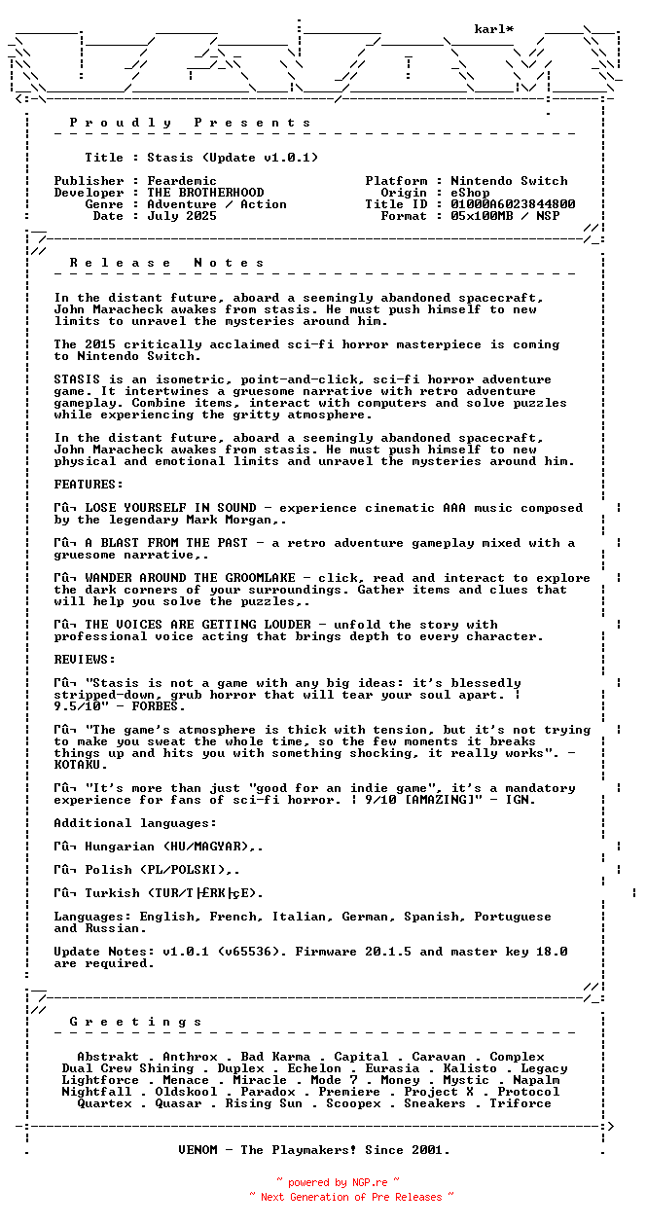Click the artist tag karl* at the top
tap(493, 29)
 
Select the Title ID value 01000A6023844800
tap(513, 204)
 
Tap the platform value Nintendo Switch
tap(509, 181)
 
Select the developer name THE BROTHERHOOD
tap(205, 193)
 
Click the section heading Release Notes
tap(166, 263)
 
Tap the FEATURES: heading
tap(89, 485)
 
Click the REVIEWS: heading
tap(85, 660)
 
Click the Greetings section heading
tap(135, 1022)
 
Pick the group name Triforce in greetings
tap(520, 1103)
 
